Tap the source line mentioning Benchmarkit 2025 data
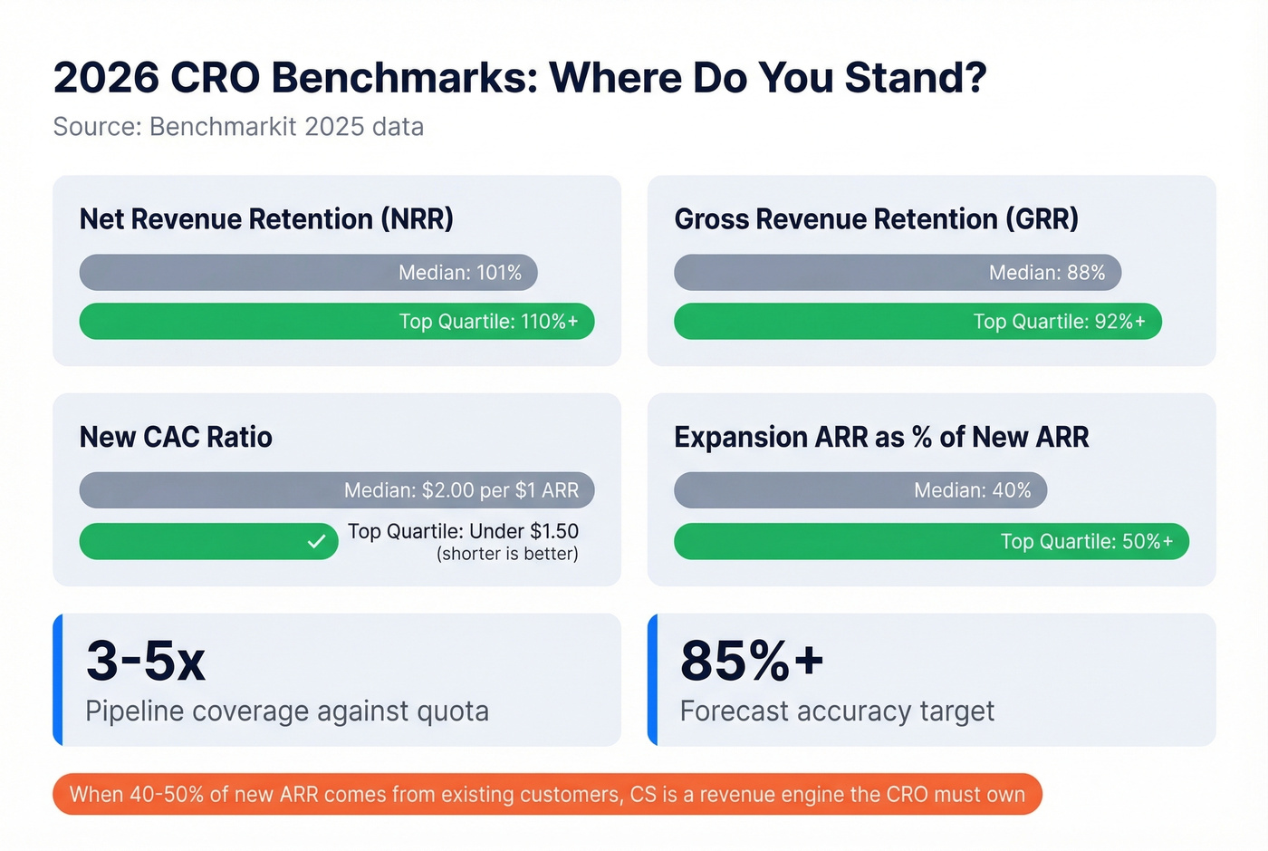pos(238,127)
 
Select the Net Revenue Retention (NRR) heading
pos(266,219)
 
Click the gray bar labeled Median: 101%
pos(308,273)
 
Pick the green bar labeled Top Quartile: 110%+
pos(336,322)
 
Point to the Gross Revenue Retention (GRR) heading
pos(876,219)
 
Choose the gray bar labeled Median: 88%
pos(897,273)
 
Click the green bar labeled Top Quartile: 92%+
pos(917,322)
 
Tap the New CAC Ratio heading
pos(176,437)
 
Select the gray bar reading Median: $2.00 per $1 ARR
pos(336,490)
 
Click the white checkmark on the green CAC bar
pos(316,542)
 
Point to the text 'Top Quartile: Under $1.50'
pos(463,531)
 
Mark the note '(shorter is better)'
pos(507,554)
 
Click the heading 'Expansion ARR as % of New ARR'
pos(881,437)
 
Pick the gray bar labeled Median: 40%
pos(860,490)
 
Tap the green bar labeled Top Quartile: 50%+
pos(931,542)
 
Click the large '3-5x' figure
pos(146,661)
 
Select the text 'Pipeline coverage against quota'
pos(287,711)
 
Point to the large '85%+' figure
pos(752,661)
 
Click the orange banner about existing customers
pos(547,795)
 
